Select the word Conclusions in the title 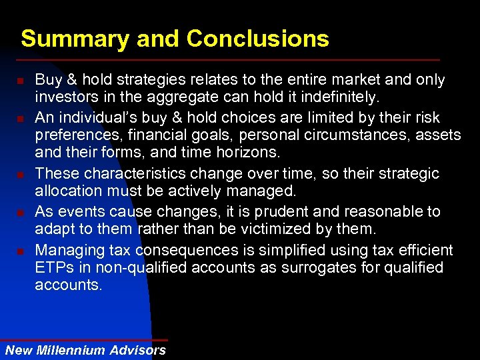tap(258, 39)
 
